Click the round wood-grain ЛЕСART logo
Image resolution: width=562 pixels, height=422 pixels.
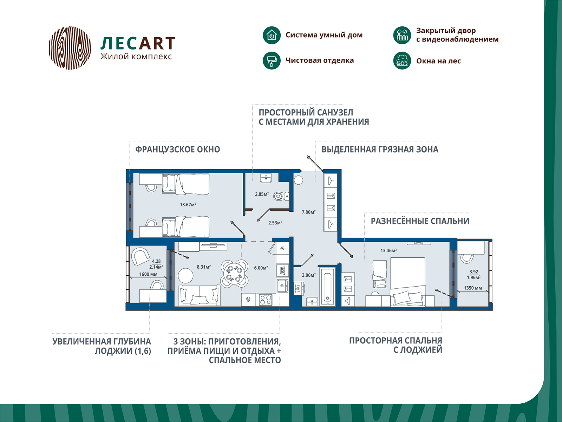click(x=70, y=48)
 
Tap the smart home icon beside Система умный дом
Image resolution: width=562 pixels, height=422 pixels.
click(x=272, y=35)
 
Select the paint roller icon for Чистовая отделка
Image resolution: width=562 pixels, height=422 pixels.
click(x=272, y=60)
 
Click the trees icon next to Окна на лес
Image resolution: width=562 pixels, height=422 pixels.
click(x=402, y=60)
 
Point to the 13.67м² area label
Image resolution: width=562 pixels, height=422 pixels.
click(x=188, y=204)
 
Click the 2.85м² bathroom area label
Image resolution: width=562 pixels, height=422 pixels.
click(x=262, y=194)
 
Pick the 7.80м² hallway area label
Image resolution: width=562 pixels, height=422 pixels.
click(x=308, y=212)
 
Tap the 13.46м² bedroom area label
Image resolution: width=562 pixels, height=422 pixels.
click(x=388, y=250)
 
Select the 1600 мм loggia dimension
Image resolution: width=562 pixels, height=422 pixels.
click(x=148, y=274)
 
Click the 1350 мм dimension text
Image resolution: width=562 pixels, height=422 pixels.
click(x=473, y=288)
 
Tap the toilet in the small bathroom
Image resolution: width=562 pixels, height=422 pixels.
click(x=281, y=196)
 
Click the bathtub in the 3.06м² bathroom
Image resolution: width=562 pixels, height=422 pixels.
click(x=327, y=286)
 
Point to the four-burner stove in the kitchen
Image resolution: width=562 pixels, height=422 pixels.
click(x=266, y=300)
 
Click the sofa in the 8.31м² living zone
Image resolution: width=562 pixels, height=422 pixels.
click(x=199, y=295)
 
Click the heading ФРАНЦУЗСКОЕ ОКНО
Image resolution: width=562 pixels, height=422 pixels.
click(x=178, y=149)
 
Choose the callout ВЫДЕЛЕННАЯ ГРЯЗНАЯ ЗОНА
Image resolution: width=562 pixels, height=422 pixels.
click(x=380, y=149)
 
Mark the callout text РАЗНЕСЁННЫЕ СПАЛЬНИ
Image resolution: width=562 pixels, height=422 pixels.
click(x=420, y=221)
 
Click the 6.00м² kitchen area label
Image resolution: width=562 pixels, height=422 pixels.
click(x=261, y=268)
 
